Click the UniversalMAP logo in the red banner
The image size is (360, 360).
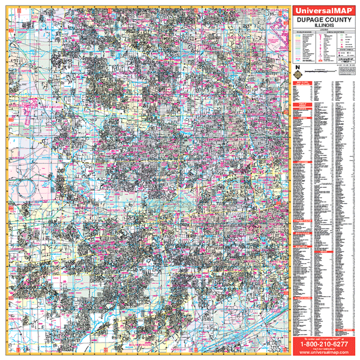click(x=322, y=10)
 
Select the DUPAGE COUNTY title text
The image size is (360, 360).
click(x=322, y=21)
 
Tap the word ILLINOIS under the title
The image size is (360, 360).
click(x=322, y=27)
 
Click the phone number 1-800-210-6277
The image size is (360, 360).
click(x=322, y=345)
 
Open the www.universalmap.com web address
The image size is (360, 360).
click(x=322, y=353)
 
